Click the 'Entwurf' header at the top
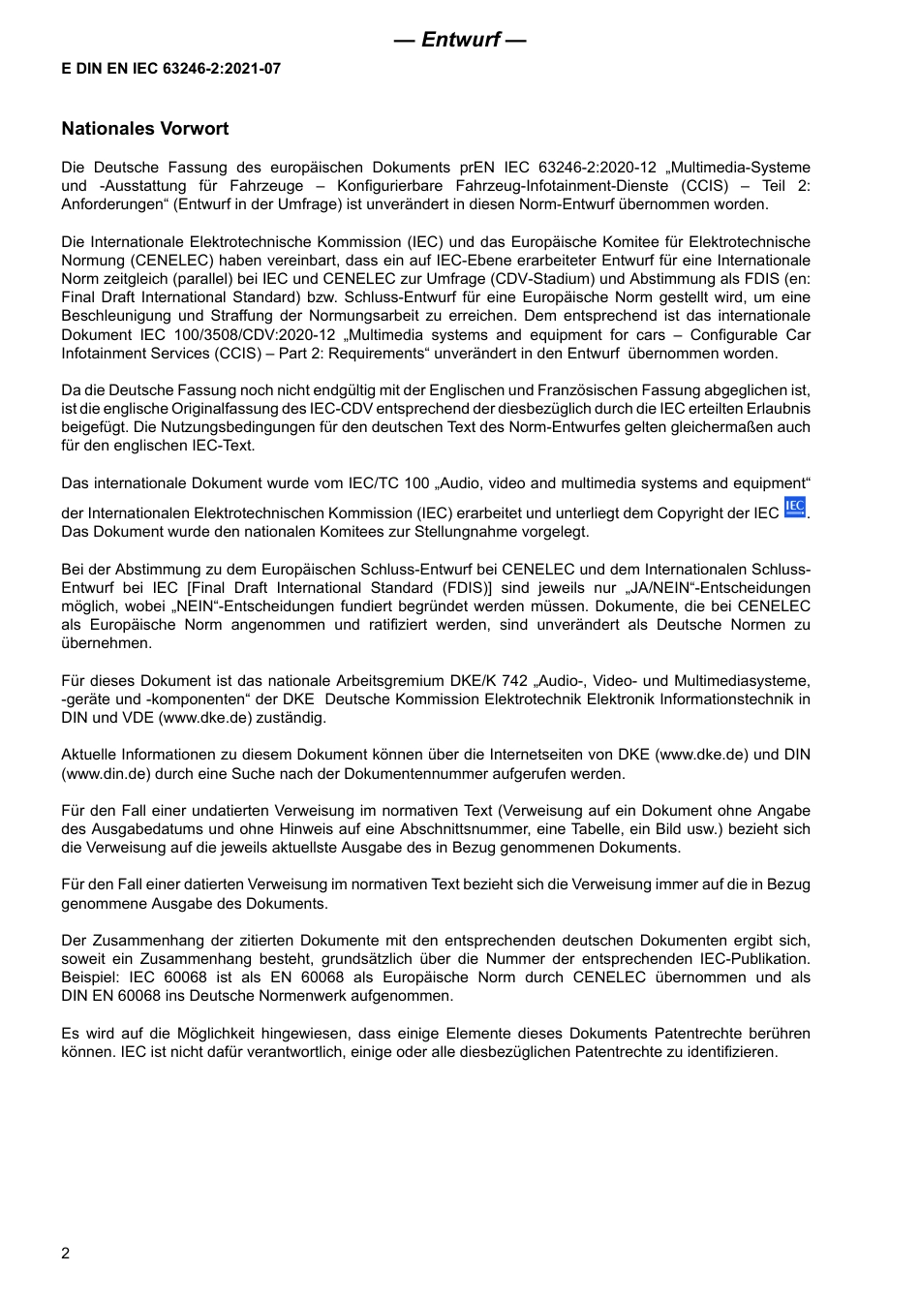(x=460, y=40)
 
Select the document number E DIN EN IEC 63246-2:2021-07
(x=171, y=69)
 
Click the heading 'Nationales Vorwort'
(x=145, y=129)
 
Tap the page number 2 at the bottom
(x=66, y=1254)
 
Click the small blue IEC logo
(x=794, y=507)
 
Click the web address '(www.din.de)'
(x=105, y=774)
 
